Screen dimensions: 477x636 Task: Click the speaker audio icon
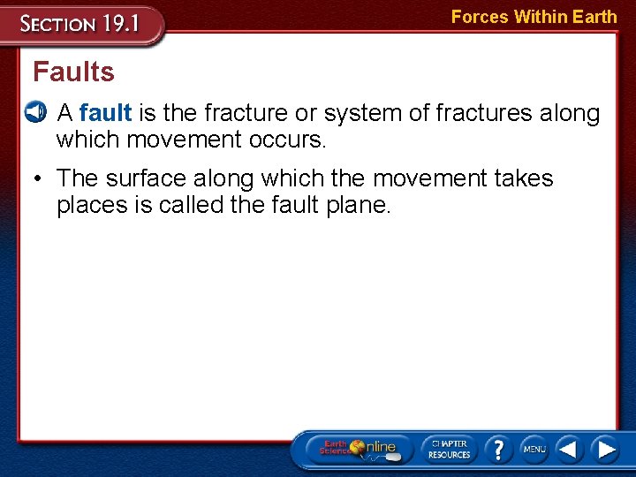point(34,112)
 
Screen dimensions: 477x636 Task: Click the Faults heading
point(73,72)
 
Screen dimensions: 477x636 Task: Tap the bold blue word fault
point(105,113)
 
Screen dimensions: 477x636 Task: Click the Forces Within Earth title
point(534,17)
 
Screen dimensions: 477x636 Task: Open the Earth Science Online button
point(357,449)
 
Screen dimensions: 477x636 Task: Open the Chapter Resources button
point(450,449)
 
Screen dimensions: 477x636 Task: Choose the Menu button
point(534,449)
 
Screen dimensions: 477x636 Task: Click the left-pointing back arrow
point(570,449)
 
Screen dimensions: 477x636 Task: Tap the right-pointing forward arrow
point(606,449)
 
